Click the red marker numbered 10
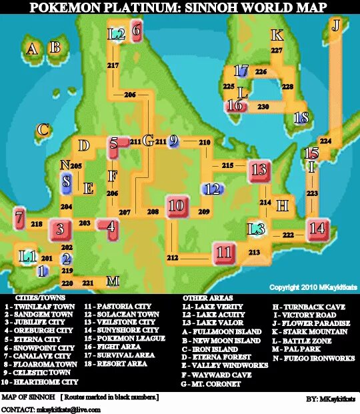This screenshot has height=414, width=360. tap(176, 207)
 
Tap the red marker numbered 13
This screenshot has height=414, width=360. tap(259, 170)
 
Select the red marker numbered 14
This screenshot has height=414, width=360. tap(318, 229)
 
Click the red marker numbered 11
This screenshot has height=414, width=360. tap(224, 253)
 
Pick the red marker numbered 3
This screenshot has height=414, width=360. tap(60, 230)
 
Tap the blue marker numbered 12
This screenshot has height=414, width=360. tap(213, 189)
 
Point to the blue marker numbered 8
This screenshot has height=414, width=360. tap(66, 181)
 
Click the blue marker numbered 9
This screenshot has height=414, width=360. tap(173, 141)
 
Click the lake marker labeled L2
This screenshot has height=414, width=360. tap(116, 33)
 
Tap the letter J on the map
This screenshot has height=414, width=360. tap(337, 25)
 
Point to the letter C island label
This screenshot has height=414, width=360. tap(43, 130)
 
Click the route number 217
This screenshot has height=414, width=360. tap(113, 65)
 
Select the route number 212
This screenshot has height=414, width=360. tap(173, 257)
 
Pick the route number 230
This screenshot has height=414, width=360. tap(263, 106)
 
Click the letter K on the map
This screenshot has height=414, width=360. tap(277, 35)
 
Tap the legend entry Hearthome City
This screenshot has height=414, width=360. tap(39, 383)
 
